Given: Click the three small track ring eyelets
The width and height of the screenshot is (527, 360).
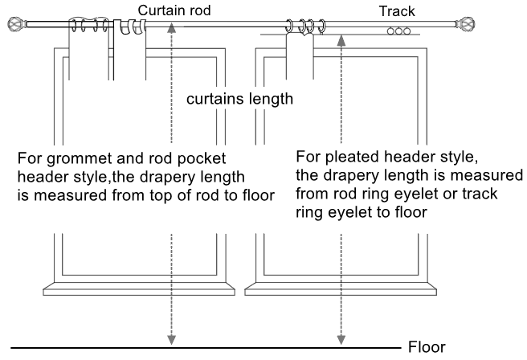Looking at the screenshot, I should click(x=398, y=31).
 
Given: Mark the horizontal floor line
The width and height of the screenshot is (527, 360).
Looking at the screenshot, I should click(x=201, y=348).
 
